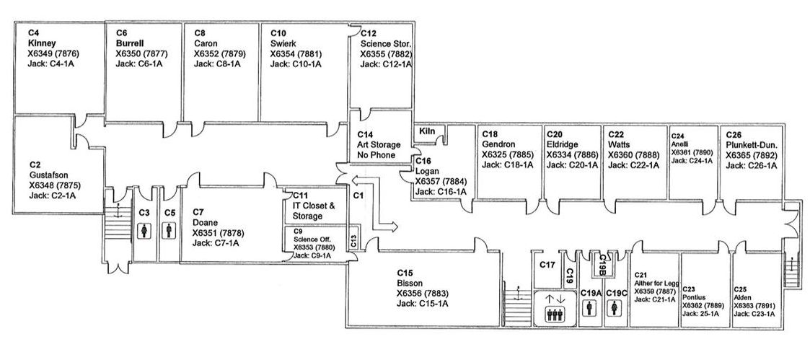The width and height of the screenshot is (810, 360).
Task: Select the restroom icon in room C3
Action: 144,231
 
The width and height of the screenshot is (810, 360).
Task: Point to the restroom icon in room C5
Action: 170,231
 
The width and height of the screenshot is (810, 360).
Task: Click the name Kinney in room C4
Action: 42,43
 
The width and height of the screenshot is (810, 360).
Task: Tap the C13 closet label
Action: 353,240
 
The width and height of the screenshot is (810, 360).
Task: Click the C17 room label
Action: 547,265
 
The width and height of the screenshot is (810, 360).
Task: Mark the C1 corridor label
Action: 358,195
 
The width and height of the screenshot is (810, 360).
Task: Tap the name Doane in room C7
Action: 206,223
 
